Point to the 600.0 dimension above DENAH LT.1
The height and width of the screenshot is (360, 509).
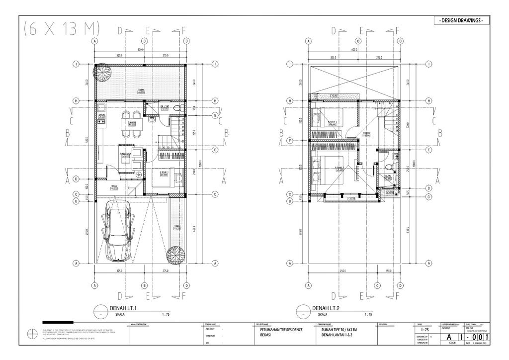(x=140, y=50)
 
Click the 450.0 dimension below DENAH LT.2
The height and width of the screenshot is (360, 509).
(x=342, y=271)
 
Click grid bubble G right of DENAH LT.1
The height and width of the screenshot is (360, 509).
(x=215, y=115)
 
